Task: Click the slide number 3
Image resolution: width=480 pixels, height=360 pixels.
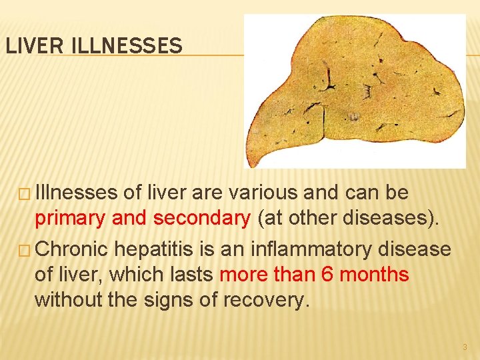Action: tap(464, 347)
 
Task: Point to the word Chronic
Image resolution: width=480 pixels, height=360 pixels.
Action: tap(73, 249)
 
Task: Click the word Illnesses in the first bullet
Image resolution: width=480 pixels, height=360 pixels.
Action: tap(78, 193)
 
